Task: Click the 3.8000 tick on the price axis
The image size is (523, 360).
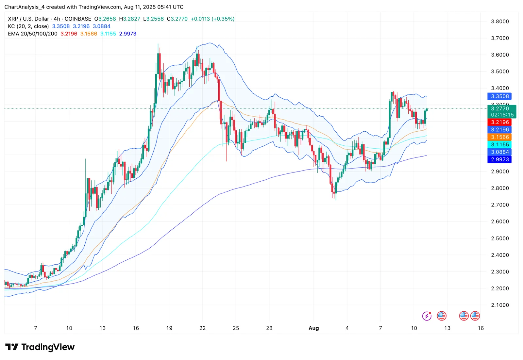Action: tap(500, 22)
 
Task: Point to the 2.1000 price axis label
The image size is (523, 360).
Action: tap(500, 305)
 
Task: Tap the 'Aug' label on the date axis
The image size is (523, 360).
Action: tap(313, 328)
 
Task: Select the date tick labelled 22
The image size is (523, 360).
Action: tap(202, 328)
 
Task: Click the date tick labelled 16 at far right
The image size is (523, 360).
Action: tap(481, 328)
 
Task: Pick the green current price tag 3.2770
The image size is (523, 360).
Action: tap(501, 111)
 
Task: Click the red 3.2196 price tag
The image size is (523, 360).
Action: tap(499, 122)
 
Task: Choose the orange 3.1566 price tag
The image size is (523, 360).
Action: tap(499, 137)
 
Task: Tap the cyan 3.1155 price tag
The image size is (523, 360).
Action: tap(499, 145)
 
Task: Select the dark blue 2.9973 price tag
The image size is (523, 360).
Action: tap(499, 159)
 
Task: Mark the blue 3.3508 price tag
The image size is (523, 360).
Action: tap(499, 96)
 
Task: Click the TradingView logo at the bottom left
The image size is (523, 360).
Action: tap(40, 347)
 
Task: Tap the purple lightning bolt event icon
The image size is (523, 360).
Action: tap(427, 316)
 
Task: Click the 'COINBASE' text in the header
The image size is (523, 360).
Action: tap(78, 19)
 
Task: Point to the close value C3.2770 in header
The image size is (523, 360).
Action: tap(177, 19)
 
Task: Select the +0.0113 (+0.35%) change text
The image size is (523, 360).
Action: tap(212, 19)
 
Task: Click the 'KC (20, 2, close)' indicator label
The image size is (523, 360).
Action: tap(28, 26)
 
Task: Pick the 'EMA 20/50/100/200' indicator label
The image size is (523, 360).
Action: tap(33, 34)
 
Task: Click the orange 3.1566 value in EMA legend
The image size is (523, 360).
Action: tap(89, 34)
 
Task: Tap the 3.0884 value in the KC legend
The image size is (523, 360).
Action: tap(102, 26)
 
